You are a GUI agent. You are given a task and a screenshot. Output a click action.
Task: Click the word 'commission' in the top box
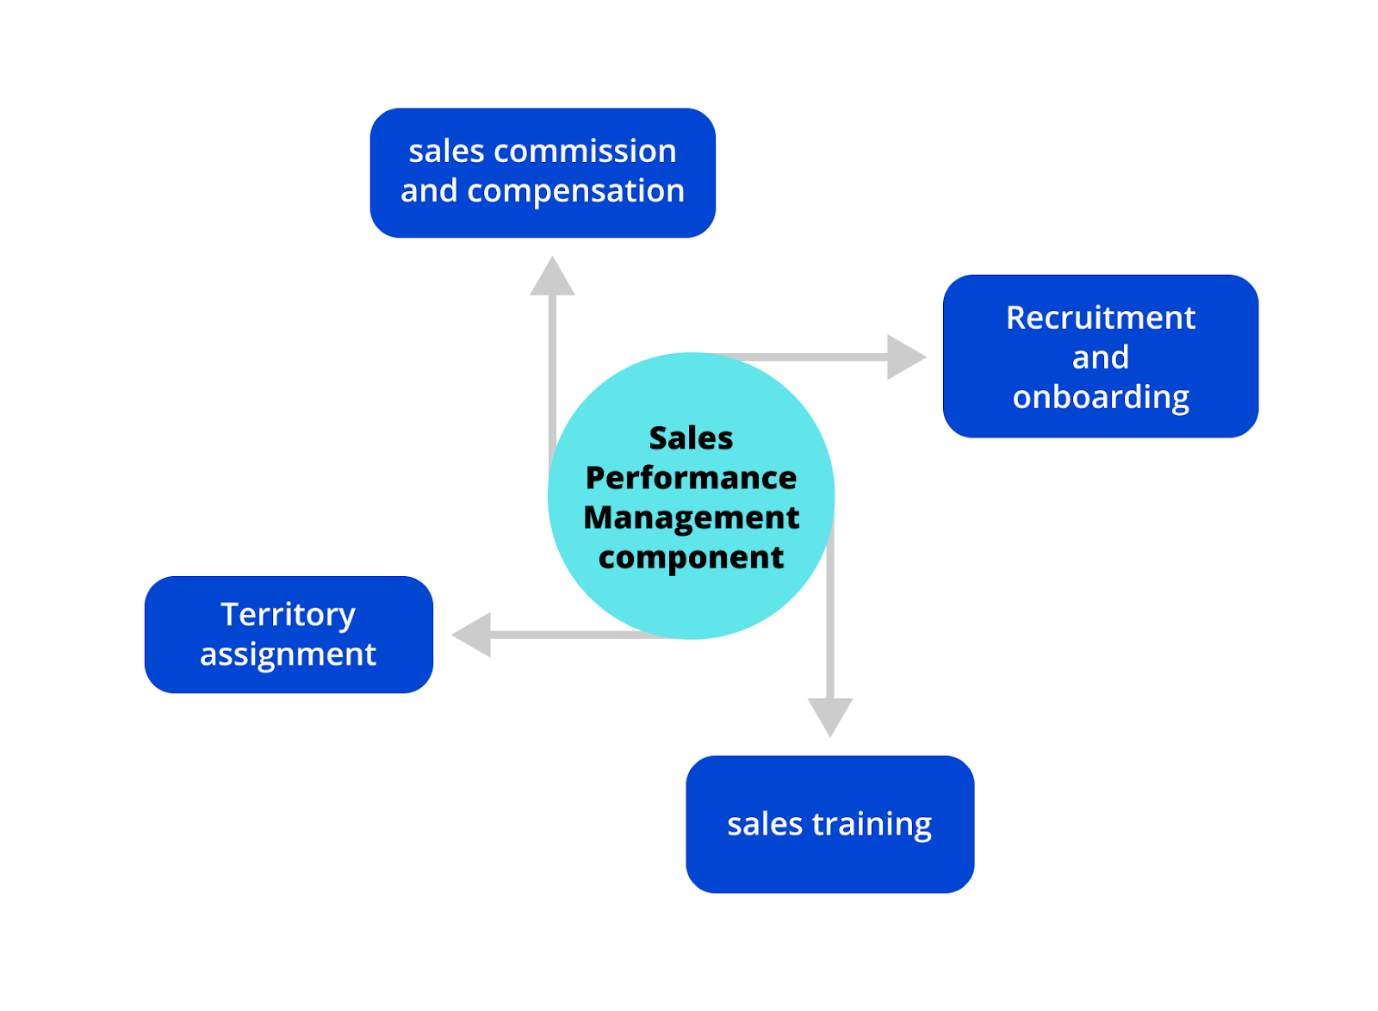(x=586, y=152)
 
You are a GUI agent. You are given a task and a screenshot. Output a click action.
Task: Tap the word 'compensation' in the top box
(x=575, y=191)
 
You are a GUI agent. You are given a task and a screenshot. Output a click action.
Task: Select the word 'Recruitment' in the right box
(x=1101, y=318)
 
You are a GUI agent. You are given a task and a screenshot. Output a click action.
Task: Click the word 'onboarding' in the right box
(x=1101, y=397)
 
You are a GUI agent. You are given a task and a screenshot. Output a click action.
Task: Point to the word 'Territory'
(x=288, y=615)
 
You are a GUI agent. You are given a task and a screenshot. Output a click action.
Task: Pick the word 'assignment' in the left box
(x=288, y=654)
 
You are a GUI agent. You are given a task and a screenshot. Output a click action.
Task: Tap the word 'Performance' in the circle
(x=691, y=478)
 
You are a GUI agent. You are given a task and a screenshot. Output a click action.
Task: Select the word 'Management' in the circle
(x=691, y=518)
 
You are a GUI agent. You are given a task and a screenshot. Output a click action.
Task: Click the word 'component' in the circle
(x=691, y=557)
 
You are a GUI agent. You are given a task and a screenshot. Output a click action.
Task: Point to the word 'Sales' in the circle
(x=691, y=438)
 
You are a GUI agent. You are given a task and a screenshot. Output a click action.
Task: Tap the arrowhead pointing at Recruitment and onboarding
(x=903, y=357)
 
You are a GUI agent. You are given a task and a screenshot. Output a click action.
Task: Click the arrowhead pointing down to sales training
(x=829, y=715)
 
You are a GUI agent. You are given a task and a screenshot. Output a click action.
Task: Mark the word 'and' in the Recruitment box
(x=1101, y=357)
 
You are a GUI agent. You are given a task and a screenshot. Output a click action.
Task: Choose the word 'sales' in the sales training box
(x=765, y=824)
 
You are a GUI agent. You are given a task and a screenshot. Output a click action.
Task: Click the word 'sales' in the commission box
(x=446, y=152)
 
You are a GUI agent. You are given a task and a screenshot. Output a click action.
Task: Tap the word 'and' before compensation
(x=429, y=191)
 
